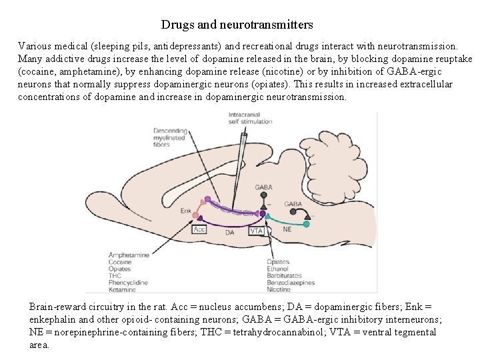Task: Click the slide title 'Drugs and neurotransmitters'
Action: pyautogui.click(x=237, y=25)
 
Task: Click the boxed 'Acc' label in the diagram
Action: pyautogui.click(x=199, y=229)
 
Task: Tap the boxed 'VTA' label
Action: pyautogui.click(x=257, y=231)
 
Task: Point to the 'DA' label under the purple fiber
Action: pyautogui.click(x=229, y=233)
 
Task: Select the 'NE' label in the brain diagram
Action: pyautogui.click(x=287, y=229)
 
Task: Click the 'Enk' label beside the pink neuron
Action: pyautogui.click(x=185, y=211)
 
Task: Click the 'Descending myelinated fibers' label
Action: pyautogui.click(x=170, y=137)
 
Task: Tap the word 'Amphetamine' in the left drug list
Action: pyautogui.click(x=128, y=255)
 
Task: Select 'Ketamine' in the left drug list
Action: pyautogui.click(x=123, y=289)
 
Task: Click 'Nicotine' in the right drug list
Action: pyautogui.click(x=279, y=289)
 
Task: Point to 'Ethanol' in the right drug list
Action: pyautogui.click(x=277, y=269)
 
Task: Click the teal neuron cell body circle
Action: pyautogui.click(x=307, y=224)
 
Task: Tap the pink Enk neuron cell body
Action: pyautogui.click(x=195, y=215)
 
